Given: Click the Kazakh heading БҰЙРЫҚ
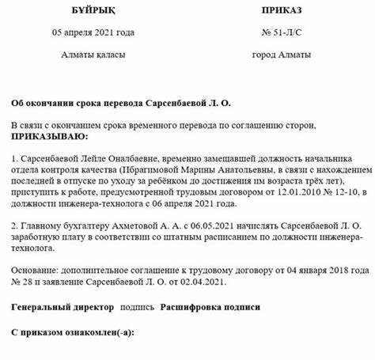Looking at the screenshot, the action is (93, 11).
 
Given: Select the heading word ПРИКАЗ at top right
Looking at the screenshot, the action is (281, 11).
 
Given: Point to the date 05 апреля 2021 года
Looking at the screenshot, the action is (93, 32).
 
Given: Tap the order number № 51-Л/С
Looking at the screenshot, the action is (281, 32).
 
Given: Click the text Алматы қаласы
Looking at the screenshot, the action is (93, 55).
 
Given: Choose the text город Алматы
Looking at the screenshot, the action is (281, 55).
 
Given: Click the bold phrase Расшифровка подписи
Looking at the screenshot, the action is (210, 305).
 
